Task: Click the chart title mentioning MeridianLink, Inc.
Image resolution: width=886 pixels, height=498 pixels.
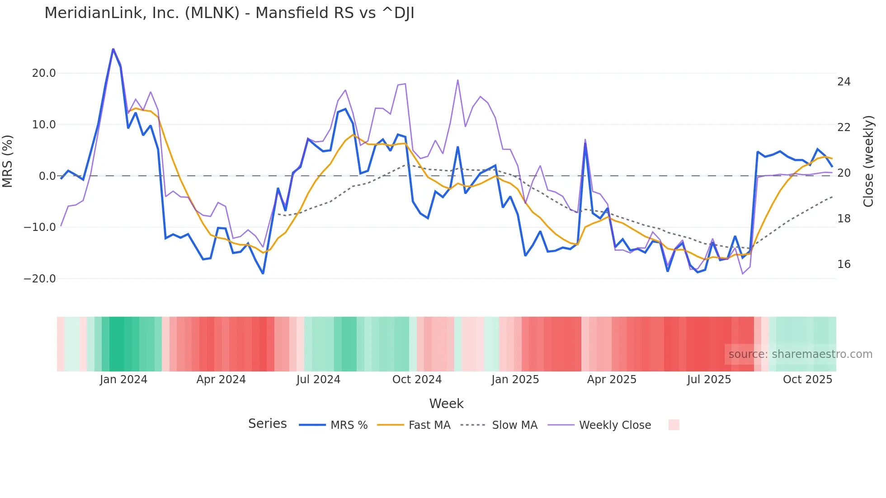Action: tap(229, 13)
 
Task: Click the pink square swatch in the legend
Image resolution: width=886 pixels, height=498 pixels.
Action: tap(674, 425)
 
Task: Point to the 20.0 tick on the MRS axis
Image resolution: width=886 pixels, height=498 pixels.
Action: tap(44, 73)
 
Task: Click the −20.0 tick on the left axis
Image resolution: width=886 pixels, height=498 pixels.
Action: tap(40, 279)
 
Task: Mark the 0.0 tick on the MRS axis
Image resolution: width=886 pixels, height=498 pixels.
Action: tap(47, 176)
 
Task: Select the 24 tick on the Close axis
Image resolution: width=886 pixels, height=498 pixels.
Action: tap(844, 82)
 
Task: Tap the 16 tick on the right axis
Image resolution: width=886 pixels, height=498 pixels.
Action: tap(844, 264)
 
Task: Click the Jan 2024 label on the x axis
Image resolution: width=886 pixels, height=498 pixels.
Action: tap(123, 380)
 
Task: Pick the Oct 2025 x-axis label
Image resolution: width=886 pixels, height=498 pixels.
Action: tap(807, 380)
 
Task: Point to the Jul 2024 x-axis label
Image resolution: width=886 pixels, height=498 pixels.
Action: tap(318, 380)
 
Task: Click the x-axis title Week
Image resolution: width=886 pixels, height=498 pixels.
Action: tap(446, 404)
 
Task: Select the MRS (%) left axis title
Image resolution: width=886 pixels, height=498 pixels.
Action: tap(8, 161)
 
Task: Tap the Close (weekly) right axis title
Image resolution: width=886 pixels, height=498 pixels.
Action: tap(868, 161)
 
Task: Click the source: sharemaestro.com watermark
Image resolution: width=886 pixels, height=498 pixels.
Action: tap(800, 354)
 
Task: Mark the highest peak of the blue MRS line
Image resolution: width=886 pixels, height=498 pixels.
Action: tap(113, 49)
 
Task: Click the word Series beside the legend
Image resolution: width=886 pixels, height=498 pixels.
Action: tap(267, 424)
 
